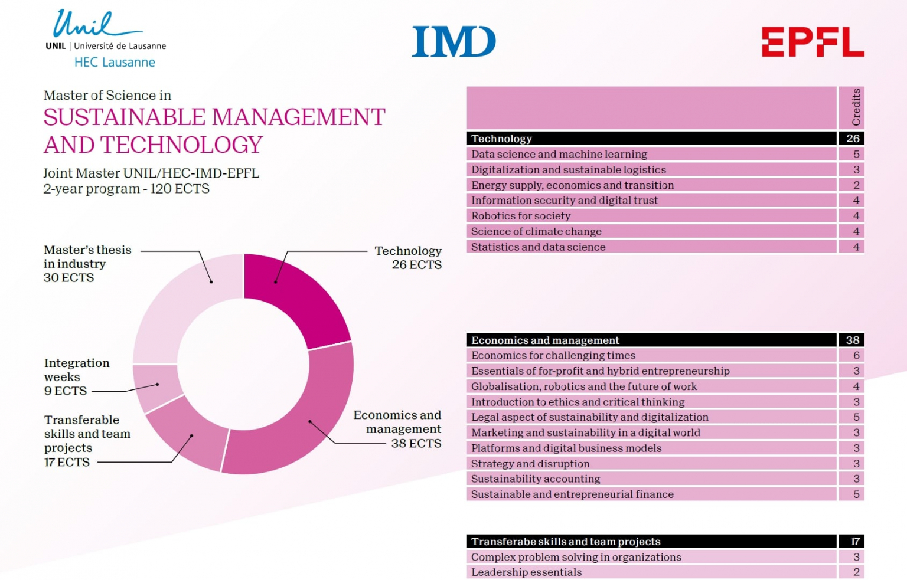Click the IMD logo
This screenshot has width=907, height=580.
click(453, 41)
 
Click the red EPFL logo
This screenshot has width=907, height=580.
click(813, 42)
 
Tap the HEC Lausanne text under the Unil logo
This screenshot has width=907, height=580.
click(115, 63)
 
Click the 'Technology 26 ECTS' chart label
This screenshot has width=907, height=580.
click(408, 258)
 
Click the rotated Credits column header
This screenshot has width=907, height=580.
click(856, 107)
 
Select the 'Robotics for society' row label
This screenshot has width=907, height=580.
click(520, 216)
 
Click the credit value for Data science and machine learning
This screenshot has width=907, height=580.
click(856, 154)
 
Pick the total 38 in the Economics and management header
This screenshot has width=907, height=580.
click(852, 340)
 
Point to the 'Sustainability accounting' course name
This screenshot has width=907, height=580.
click(535, 479)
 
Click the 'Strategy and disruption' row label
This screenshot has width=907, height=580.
click(530, 463)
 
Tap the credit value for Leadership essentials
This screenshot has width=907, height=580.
click(856, 572)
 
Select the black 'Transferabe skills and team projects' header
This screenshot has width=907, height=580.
click(565, 541)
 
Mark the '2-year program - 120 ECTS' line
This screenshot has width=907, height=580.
click(126, 189)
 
